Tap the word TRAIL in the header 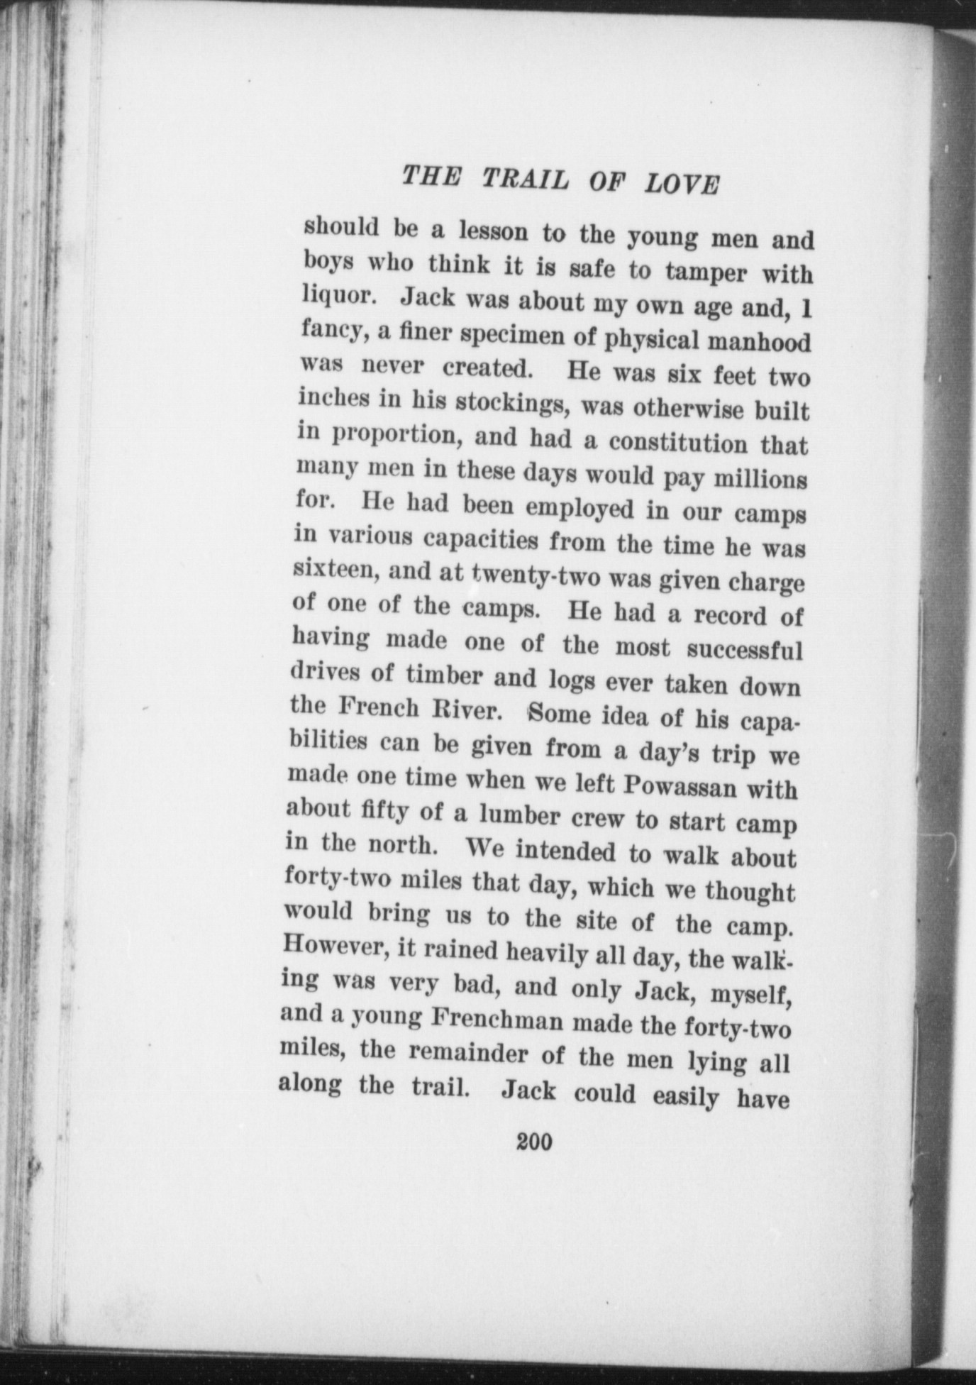[x=525, y=180]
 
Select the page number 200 [x=535, y=1142]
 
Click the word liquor [x=335, y=297]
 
